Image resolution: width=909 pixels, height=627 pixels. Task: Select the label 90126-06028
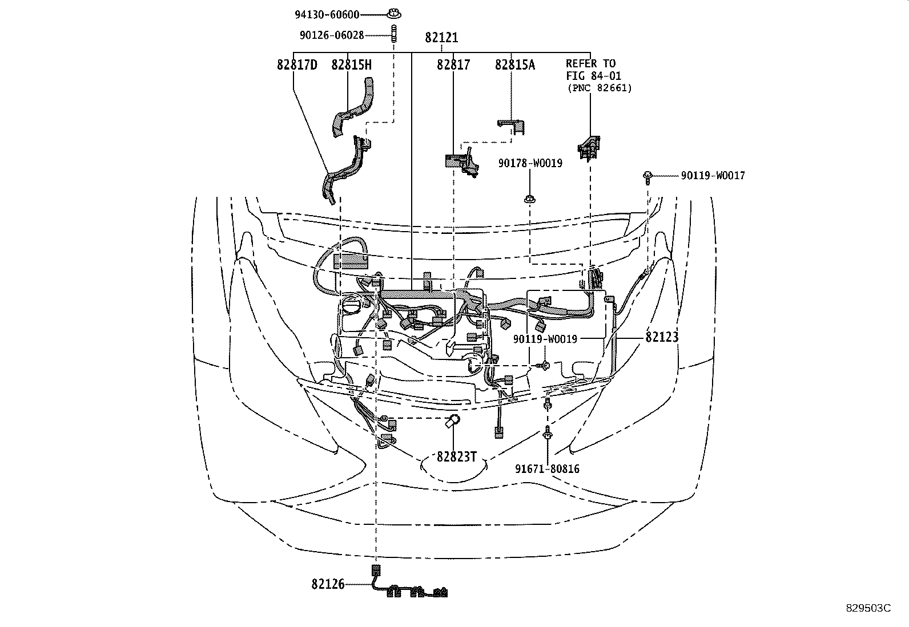tap(332, 35)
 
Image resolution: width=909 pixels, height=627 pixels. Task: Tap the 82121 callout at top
tap(441, 38)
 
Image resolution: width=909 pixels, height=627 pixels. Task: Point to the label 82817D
tap(297, 65)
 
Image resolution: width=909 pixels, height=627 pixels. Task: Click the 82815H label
tap(351, 65)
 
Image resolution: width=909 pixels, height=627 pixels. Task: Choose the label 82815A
tap(515, 65)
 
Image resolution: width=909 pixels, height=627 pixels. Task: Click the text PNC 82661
tap(600, 88)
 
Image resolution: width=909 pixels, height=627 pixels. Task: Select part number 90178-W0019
tap(530, 164)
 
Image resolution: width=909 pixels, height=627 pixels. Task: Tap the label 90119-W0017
tap(713, 176)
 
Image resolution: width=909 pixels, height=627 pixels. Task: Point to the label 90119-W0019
tap(545, 339)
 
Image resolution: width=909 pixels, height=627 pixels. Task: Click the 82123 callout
tap(662, 337)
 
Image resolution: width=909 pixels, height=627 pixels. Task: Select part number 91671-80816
tap(547, 469)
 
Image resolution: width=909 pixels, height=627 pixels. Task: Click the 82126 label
tap(328, 584)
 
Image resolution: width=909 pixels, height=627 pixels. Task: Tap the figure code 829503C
tap(868, 608)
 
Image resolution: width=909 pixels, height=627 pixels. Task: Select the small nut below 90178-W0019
tap(530, 199)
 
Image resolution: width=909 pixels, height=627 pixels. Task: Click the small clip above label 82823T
tap(453, 422)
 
